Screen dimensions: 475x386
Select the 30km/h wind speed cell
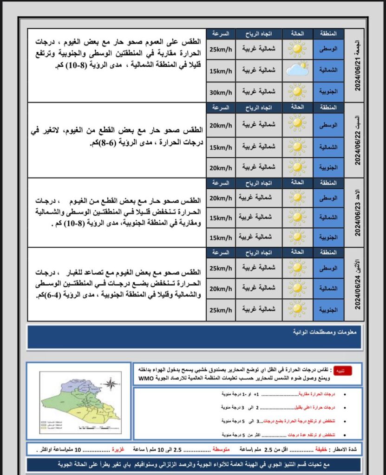(221, 92)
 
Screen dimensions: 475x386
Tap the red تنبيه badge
(355, 371)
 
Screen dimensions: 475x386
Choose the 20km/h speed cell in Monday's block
(221, 289)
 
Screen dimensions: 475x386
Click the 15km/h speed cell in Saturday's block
(221, 147)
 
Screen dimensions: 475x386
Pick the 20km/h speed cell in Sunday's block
(221, 198)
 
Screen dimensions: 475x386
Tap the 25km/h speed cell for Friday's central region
(221, 50)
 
